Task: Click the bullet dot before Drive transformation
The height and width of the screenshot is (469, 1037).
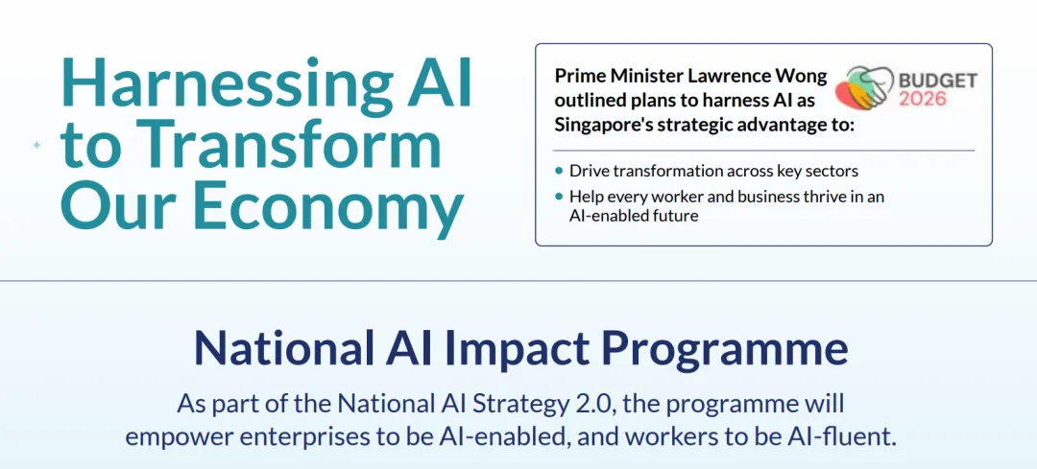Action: [x=560, y=171]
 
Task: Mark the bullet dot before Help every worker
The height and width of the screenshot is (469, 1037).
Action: [x=560, y=197]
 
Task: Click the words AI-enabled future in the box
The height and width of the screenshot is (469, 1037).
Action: [x=634, y=216]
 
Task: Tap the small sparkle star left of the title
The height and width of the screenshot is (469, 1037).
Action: [x=37, y=145]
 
